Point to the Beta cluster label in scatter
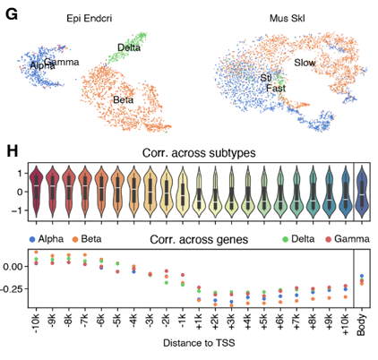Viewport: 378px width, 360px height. coord(124,100)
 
